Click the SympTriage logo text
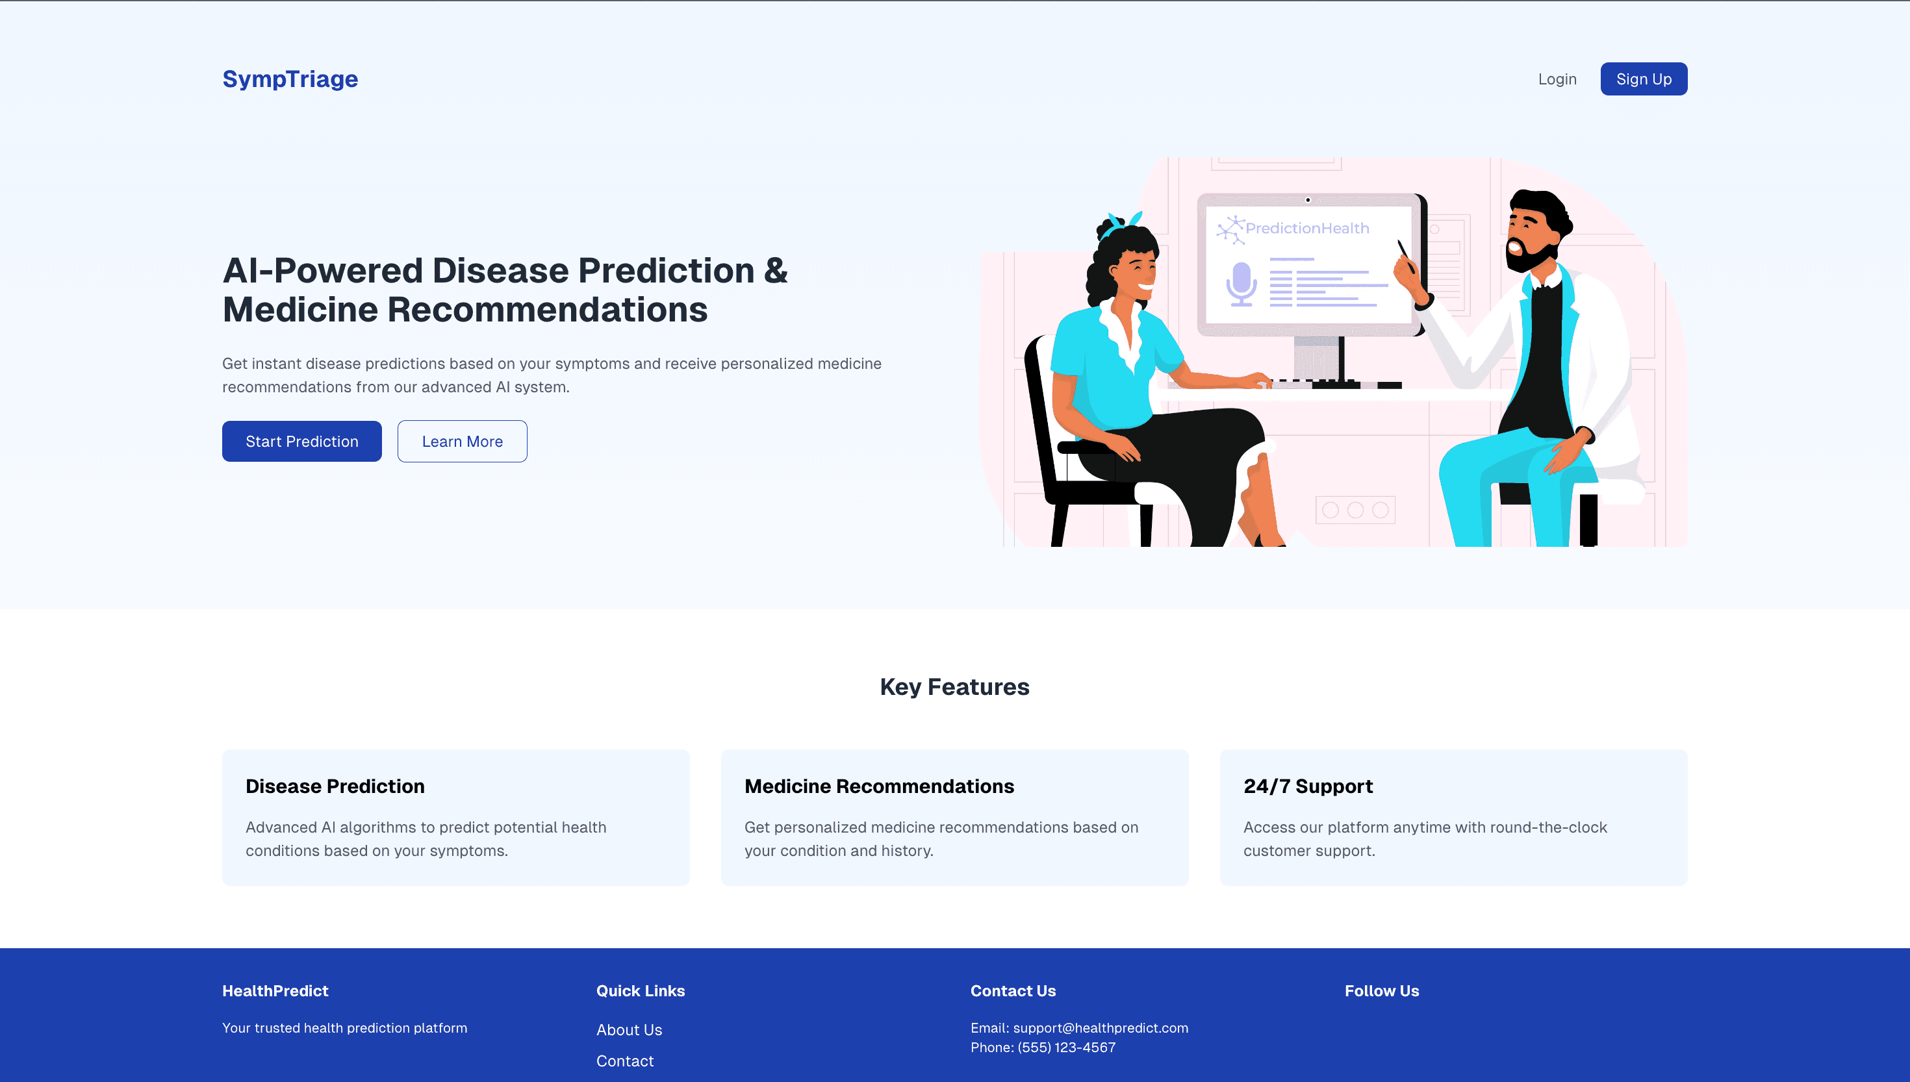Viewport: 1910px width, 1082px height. pos(290,79)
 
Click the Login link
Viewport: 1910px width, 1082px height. pos(1557,79)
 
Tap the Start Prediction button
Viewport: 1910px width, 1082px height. pos(301,442)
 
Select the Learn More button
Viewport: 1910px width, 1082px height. pos(463,442)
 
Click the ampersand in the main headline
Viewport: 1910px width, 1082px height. pos(775,270)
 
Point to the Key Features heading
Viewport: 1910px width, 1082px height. pos(954,686)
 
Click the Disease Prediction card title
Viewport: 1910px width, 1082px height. pos(335,786)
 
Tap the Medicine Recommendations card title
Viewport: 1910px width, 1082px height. pos(879,786)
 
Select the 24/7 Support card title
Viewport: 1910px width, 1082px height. pos(1308,786)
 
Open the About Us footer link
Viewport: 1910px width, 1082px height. pos(629,1030)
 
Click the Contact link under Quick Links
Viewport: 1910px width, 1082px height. pos(625,1061)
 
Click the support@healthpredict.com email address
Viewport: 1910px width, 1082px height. pos(1101,1027)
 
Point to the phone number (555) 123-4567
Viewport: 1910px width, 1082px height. pos(1067,1047)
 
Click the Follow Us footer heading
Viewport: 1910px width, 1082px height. pos(1382,990)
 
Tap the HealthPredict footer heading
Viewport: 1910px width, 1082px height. pos(275,990)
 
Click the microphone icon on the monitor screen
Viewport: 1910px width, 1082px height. pos(1241,284)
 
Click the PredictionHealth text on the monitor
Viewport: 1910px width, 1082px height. pos(1307,228)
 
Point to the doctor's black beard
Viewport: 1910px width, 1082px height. pos(1527,255)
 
